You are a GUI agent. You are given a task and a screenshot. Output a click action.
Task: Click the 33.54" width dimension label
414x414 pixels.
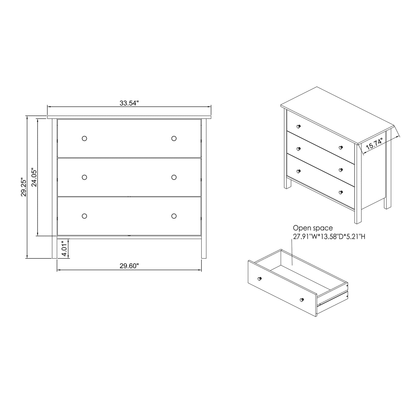coord(129,103)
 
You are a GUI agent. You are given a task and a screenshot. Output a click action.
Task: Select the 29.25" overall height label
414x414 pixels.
coord(23,188)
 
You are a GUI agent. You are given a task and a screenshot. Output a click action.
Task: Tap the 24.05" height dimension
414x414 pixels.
coord(34,177)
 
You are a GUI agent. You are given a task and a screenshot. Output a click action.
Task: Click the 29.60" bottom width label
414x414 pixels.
coord(129,266)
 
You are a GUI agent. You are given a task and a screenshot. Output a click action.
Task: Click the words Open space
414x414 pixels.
coord(313,228)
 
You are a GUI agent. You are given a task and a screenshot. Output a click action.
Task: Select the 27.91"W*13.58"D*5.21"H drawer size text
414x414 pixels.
coord(329,237)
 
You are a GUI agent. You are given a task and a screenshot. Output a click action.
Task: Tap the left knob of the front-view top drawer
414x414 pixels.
coord(84,138)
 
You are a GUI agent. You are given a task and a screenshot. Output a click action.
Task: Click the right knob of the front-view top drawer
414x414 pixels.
coord(174,138)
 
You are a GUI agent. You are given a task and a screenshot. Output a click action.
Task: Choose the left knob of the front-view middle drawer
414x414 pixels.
coord(84,177)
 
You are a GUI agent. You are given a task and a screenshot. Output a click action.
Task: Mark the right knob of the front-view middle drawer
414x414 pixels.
coord(174,177)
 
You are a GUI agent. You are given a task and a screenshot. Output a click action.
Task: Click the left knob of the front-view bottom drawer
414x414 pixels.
coord(84,216)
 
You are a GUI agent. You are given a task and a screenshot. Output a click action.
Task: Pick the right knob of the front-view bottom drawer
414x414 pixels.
coord(174,216)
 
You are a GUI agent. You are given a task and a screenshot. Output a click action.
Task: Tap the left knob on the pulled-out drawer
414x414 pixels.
coord(259,278)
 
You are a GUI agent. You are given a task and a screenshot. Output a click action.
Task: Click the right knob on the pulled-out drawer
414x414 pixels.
coord(301,300)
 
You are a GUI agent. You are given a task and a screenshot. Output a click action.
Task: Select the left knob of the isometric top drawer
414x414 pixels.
coord(298,126)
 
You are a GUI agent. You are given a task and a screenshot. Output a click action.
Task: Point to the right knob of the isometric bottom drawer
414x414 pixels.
coord(341,192)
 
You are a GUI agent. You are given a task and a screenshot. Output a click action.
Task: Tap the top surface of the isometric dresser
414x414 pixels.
coord(335,115)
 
